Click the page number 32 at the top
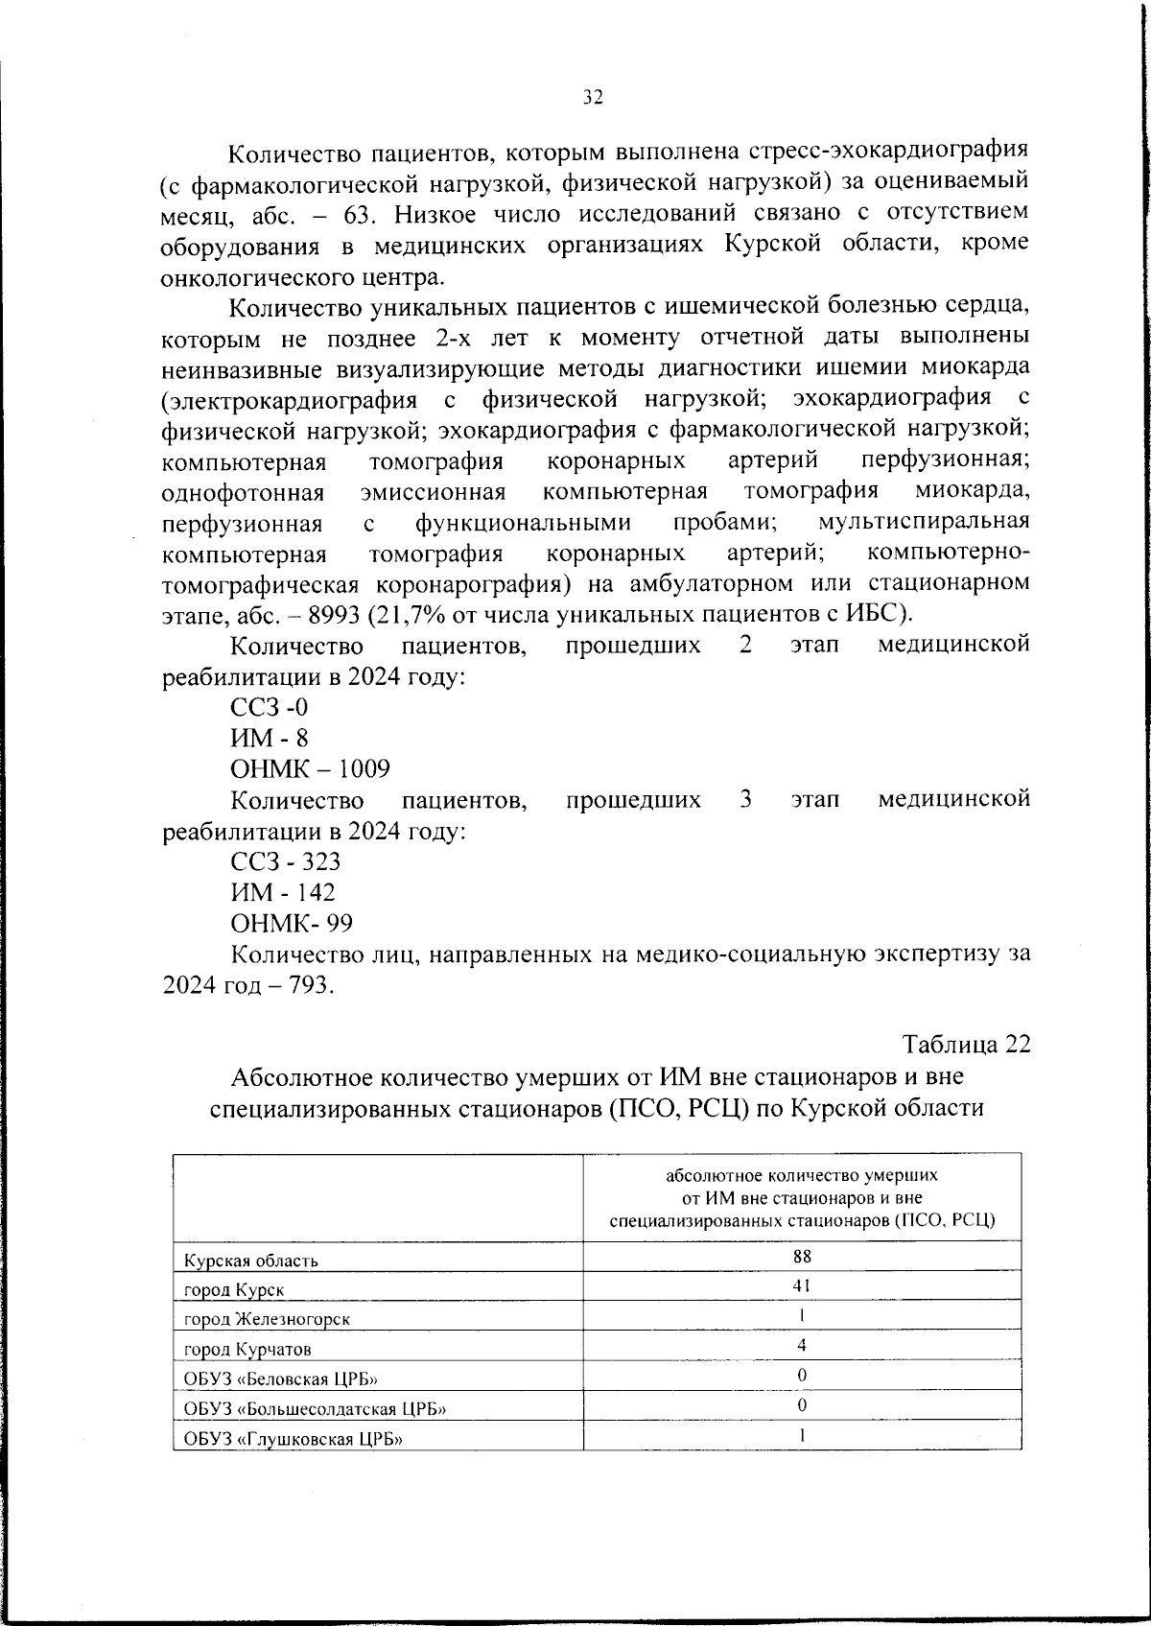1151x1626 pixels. [x=592, y=97]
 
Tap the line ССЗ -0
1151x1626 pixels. [x=270, y=708]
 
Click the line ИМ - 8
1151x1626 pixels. [x=270, y=739]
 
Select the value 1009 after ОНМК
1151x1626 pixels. [x=362, y=769]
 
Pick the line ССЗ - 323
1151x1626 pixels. [x=285, y=861]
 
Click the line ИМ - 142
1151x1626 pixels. [x=282, y=892]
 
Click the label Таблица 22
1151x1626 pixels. [x=966, y=1046]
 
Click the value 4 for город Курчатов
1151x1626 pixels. [x=802, y=1345]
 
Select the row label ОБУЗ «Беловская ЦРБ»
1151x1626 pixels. [x=280, y=1379]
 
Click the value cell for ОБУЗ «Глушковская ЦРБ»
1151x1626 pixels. [x=802, y=1435]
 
